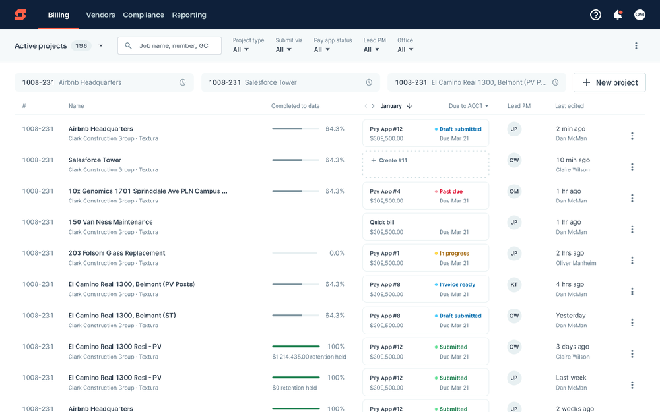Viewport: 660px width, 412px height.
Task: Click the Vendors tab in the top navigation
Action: pyautogui.click(x=100, y=15)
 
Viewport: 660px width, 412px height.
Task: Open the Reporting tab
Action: pyautogui.click(x=189, y=15)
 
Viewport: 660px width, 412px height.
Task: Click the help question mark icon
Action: pyautogui.click(x=595, y=15)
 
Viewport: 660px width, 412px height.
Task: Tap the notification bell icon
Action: pyautogui.click(x=618, y=15)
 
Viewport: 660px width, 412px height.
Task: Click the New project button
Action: pyautogui.click(x=609, y=82)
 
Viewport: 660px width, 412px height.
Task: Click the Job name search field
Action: pyautogui.click(x=173, y=45)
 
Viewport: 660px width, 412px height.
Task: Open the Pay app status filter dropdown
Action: pyautogui.click(x=321, y=49)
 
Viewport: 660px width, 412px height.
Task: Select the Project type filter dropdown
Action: pyautogui.click(x=241, y=49)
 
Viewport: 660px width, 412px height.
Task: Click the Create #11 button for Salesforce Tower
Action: pyautogui.click(x=426, y=160)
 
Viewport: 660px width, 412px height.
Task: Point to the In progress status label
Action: pyautogui.click(x=453, y=254)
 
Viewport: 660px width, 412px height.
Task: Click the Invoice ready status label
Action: pyautogui.click(x=457, y=285)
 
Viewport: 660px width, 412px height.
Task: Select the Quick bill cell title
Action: pyautogui.click(x=382, y=222)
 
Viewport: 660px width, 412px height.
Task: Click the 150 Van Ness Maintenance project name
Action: pyautogui.click(x=111, y=222)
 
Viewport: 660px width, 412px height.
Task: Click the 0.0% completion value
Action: pyautogui.click(x=337, y=253)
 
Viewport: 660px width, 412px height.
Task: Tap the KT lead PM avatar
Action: pyautogui.click(x=514, y=285)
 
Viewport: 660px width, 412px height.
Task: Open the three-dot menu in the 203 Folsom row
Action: pyautogui.click(x=632, y=260)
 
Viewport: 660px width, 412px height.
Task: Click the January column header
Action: pyautogui.click(x=391, y=106)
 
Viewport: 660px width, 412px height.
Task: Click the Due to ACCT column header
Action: pyautogui.click(x=468, y=106)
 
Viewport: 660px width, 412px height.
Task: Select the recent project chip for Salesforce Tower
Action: pyautogui.click(x=290, y=82)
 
